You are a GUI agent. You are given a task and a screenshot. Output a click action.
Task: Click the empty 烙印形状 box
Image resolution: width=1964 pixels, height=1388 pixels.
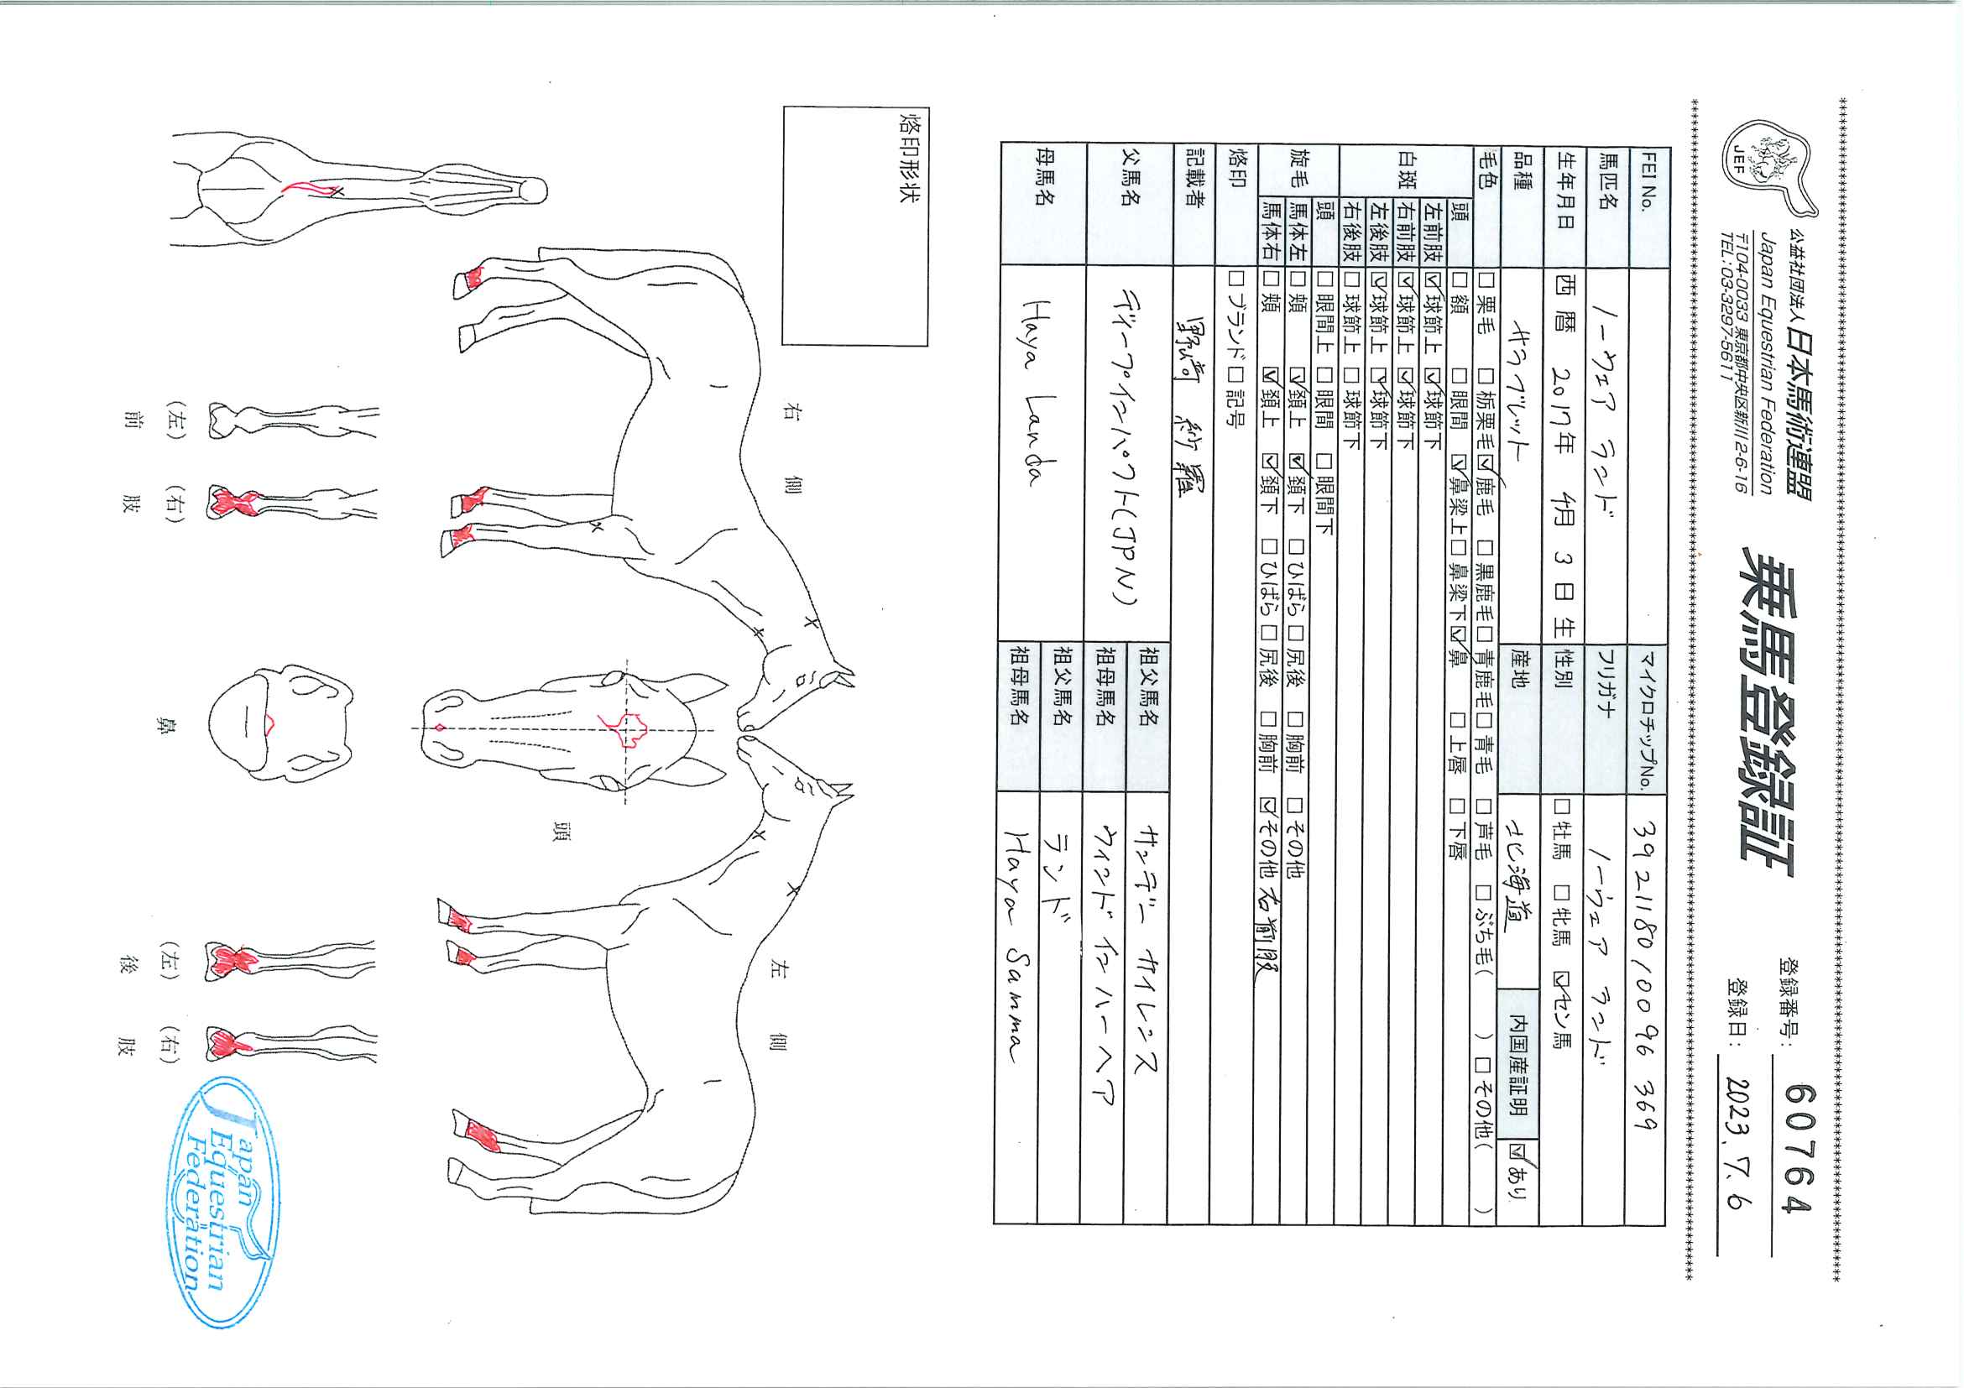point(855,227)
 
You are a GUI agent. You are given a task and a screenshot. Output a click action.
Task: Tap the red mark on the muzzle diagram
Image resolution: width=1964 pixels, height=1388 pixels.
point(270,724)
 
